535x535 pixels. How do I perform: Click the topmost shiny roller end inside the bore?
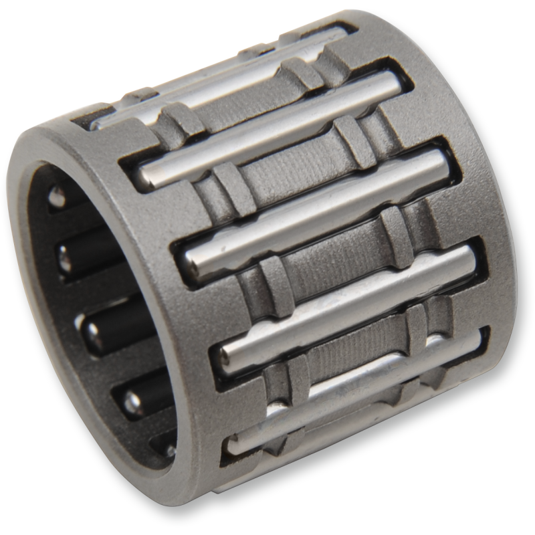[59, 197]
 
